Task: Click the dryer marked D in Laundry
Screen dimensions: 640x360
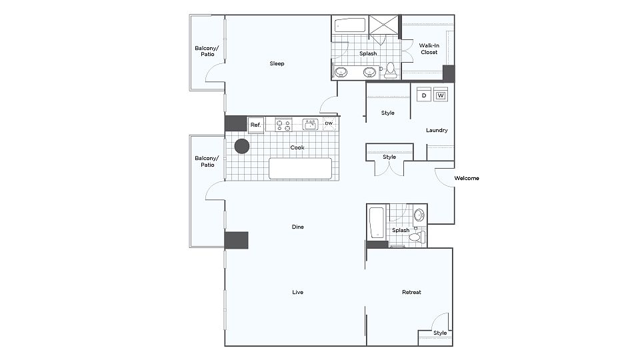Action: [424, 95]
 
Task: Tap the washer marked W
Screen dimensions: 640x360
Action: [441, 95]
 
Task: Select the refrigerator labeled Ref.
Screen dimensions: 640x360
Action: [256, 125]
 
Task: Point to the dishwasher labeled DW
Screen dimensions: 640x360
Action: [329, 124]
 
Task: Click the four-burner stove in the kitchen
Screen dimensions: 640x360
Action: [283, 125]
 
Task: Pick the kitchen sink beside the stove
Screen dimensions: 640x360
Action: [310, 124]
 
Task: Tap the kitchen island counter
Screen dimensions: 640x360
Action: [301, 169]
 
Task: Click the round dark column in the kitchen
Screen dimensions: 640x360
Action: [241, 146]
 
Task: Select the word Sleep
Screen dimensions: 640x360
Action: [277, 64]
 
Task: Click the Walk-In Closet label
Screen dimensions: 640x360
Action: [429, 49]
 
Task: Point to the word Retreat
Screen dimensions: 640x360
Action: [411, 292]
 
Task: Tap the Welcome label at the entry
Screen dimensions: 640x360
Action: [467, 179]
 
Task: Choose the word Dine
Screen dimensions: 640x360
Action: [297, 227]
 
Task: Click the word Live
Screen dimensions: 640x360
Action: [297, 292]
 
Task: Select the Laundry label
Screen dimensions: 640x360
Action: [437, 130]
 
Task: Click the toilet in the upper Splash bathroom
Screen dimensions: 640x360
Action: [391, 70]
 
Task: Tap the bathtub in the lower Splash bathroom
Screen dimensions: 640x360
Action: [377, 223]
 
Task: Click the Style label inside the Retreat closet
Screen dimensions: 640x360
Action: [440, 333]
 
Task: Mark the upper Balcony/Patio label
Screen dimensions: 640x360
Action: [207, 51]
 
